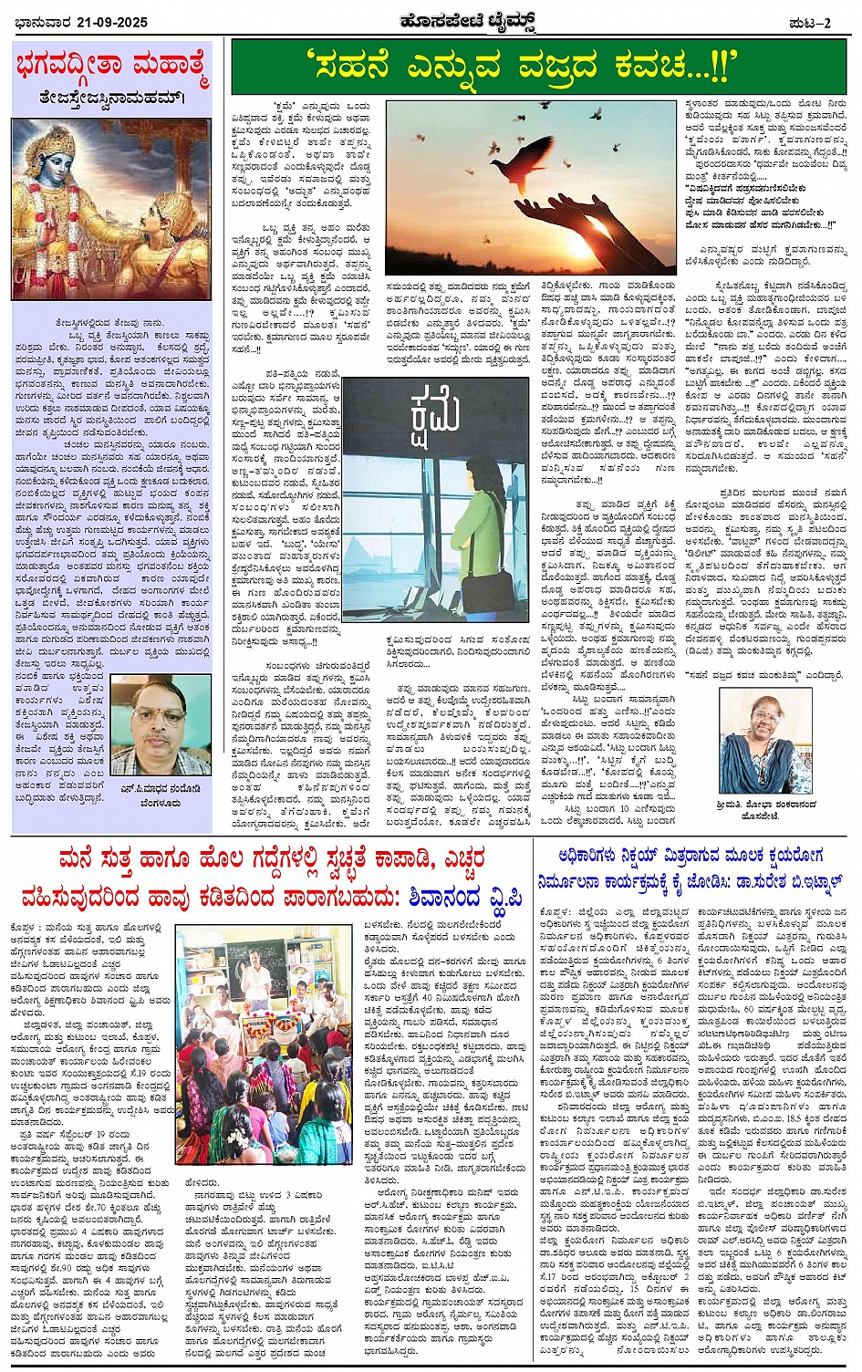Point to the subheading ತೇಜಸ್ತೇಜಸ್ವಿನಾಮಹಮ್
click(111, 97)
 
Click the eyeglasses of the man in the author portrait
click(161, 714)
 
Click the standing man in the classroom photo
click(258, 979)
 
